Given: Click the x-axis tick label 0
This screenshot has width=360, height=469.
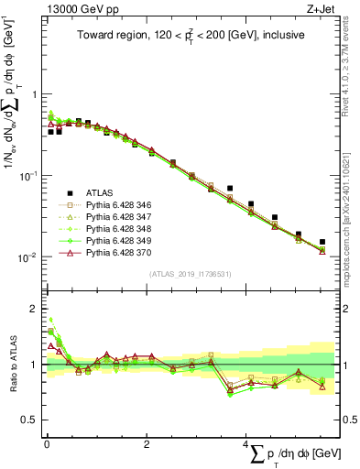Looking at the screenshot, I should click(x=47, y=444).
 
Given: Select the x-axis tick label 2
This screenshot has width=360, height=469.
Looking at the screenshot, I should click(x=147, y=444).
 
